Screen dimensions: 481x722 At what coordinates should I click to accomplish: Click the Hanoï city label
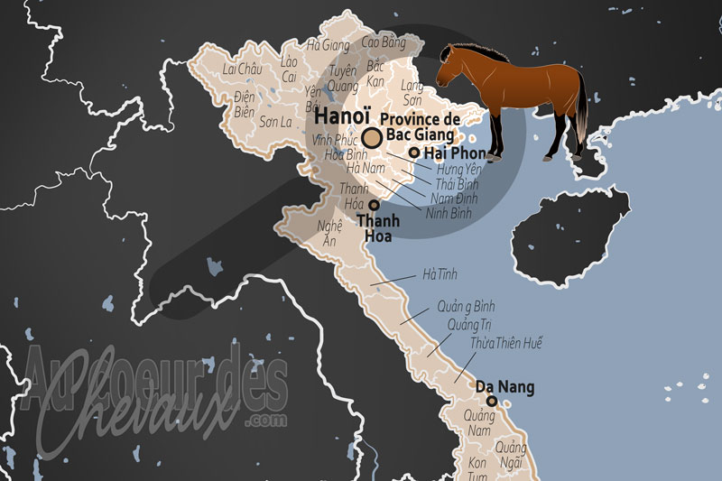click(342, 117)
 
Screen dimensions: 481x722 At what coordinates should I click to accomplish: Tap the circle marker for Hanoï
click(371, 137)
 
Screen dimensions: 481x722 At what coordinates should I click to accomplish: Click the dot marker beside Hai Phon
click(414, 153)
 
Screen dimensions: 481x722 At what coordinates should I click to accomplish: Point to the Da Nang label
click(505, 387)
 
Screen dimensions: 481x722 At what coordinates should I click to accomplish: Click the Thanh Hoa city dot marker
click(374, 206)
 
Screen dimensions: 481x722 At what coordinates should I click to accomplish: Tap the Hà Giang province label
click(328, 44)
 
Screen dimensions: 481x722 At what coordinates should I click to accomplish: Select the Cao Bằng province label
click(383, 42)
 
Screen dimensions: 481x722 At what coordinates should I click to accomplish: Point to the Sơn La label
click(274, 121)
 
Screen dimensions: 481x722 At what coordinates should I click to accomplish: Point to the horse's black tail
click(582, 108)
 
